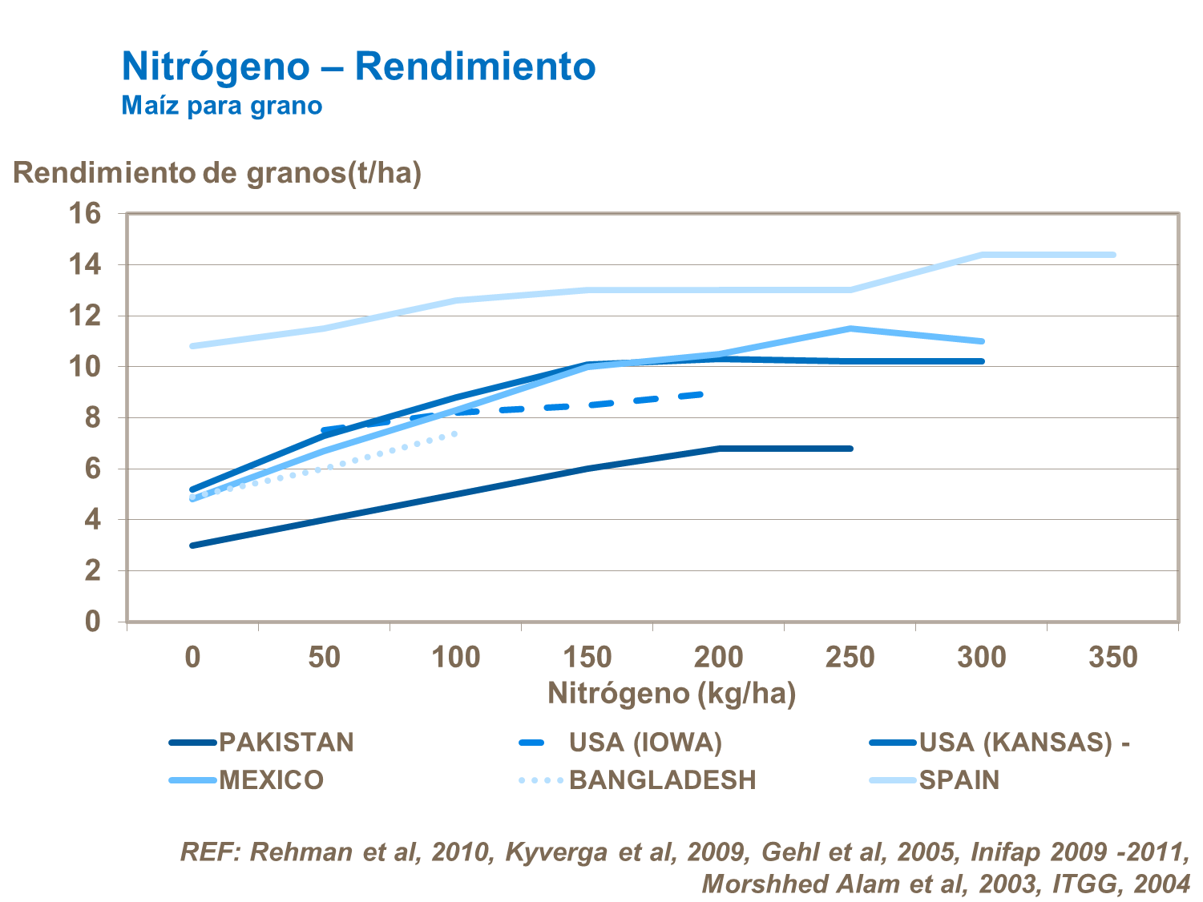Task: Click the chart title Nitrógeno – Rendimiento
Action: point(358,66)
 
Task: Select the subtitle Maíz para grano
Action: point(221,106)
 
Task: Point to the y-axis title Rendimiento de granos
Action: point(216,172)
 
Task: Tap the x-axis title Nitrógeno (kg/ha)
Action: point(672,693)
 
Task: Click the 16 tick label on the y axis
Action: point(85,214)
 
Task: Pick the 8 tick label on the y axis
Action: point(92,418)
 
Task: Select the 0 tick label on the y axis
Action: point(92,622)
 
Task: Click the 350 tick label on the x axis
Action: point(1112,658)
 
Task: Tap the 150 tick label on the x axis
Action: point(587,658)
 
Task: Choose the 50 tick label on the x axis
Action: point(325,658)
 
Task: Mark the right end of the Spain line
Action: point(1113,255)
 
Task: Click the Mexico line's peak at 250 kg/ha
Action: point(850,328)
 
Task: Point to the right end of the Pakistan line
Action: point(850,449)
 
